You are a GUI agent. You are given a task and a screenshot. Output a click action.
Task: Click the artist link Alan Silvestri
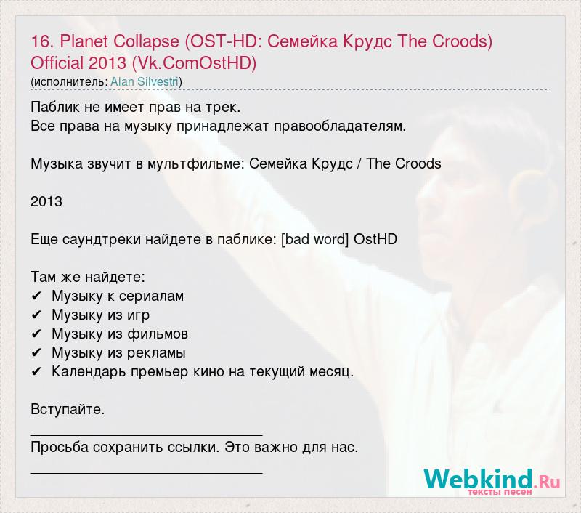[x=145, y=82]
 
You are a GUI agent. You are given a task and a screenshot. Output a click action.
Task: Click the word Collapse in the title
[x=147, y=41]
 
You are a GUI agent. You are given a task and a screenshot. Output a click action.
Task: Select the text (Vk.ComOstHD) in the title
[x=194, y=63]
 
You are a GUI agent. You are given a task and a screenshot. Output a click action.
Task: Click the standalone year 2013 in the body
[x=46, y=202]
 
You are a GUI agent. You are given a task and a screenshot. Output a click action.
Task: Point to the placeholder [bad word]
[x=315, y=240]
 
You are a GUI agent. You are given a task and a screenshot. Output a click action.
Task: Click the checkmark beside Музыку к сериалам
[x=36, y=296]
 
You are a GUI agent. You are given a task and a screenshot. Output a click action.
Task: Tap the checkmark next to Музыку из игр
[x=36, y=315]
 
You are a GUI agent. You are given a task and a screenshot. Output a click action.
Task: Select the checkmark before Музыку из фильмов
[x=36, y=334]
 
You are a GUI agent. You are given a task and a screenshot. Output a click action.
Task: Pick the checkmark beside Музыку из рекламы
[x=36, y=353]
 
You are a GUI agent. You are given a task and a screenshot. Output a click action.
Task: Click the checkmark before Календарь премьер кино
[x=36, y=372]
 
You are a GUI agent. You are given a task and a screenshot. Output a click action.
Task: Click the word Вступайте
[x=68, y=410]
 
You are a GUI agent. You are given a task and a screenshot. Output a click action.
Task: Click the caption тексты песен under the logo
[x=500, y=492]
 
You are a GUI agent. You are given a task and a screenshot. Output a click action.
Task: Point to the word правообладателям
[x=340, y=126]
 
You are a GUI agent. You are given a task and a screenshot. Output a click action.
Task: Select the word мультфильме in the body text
[x=196, y=164]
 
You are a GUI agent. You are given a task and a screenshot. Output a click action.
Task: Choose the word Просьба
[x=60, y=448]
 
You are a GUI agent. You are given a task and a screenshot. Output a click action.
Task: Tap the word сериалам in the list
[x=151, y=296]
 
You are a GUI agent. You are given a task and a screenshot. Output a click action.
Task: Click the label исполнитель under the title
[x=70, y=82]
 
